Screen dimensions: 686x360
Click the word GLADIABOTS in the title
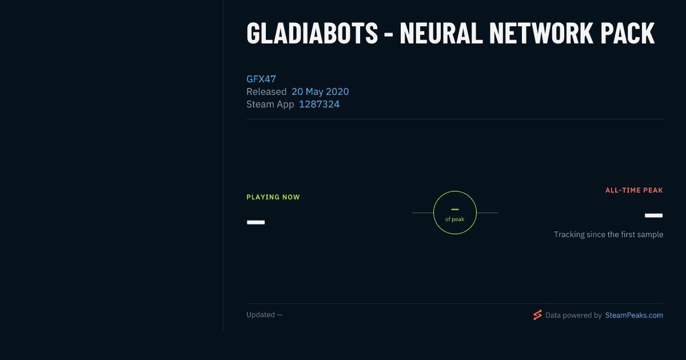(x=312, y=33)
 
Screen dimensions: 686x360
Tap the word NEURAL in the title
(x=441, y=33)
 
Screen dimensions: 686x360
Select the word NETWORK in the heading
(x=541, y=33)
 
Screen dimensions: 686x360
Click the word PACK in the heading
(x=628, y=33)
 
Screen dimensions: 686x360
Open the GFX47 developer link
(x=261, y=79)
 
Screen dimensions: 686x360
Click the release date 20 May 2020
(x=320, y=91)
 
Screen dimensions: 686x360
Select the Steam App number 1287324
(x=319, y=104)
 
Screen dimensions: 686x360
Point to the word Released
(x=266, y=91)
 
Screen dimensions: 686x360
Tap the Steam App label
(x=270, y=104)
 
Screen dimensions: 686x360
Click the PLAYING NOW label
(x=273, y=197)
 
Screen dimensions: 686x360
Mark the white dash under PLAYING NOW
(x=256, y=222)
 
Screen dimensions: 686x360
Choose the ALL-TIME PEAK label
(x=634, y=190)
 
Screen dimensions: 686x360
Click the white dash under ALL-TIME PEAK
(x=653, y=215)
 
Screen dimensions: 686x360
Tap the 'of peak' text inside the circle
(x=455, y=219)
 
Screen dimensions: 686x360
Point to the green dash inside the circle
(x=455, y=209)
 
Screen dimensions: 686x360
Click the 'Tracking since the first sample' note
(x=608, y=234)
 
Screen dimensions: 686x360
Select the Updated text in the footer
(x=264, y=315)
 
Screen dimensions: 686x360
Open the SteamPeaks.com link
(x=634, y=315)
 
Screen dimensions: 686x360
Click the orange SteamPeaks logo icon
(x=537, y=315)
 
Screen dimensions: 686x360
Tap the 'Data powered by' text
(x=573, y=315)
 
